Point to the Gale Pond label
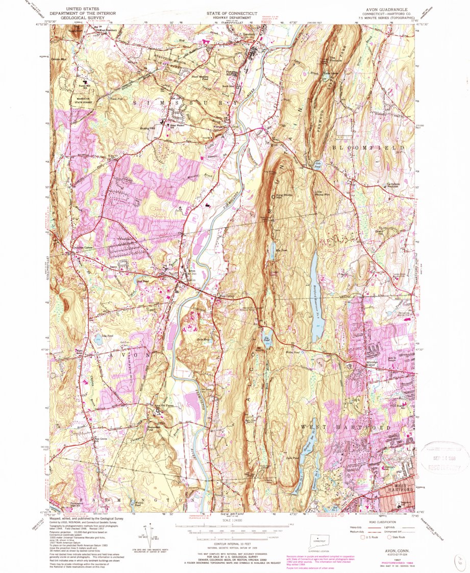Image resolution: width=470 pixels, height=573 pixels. [x=317, y=164]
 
